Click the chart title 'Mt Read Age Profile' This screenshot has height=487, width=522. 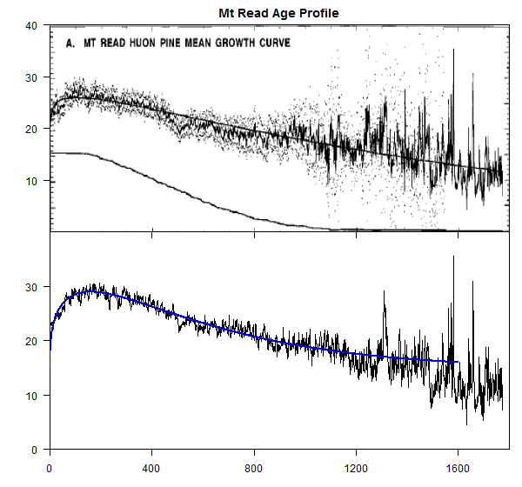click(x=278, y=13)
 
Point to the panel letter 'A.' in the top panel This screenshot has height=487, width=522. click(x=73, y=42)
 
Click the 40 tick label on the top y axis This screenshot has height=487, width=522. click(x=30, y=26)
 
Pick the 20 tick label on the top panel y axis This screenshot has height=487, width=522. click(x=30, y=129)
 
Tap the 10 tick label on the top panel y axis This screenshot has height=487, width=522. click(x=30, y=181)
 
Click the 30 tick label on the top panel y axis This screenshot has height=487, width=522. click(x=30, y=77)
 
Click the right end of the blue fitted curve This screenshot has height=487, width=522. click(x=458, y=362)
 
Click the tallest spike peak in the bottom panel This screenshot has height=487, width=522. click(x=453, y=257)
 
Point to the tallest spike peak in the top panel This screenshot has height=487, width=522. click(x=453, y=50)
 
